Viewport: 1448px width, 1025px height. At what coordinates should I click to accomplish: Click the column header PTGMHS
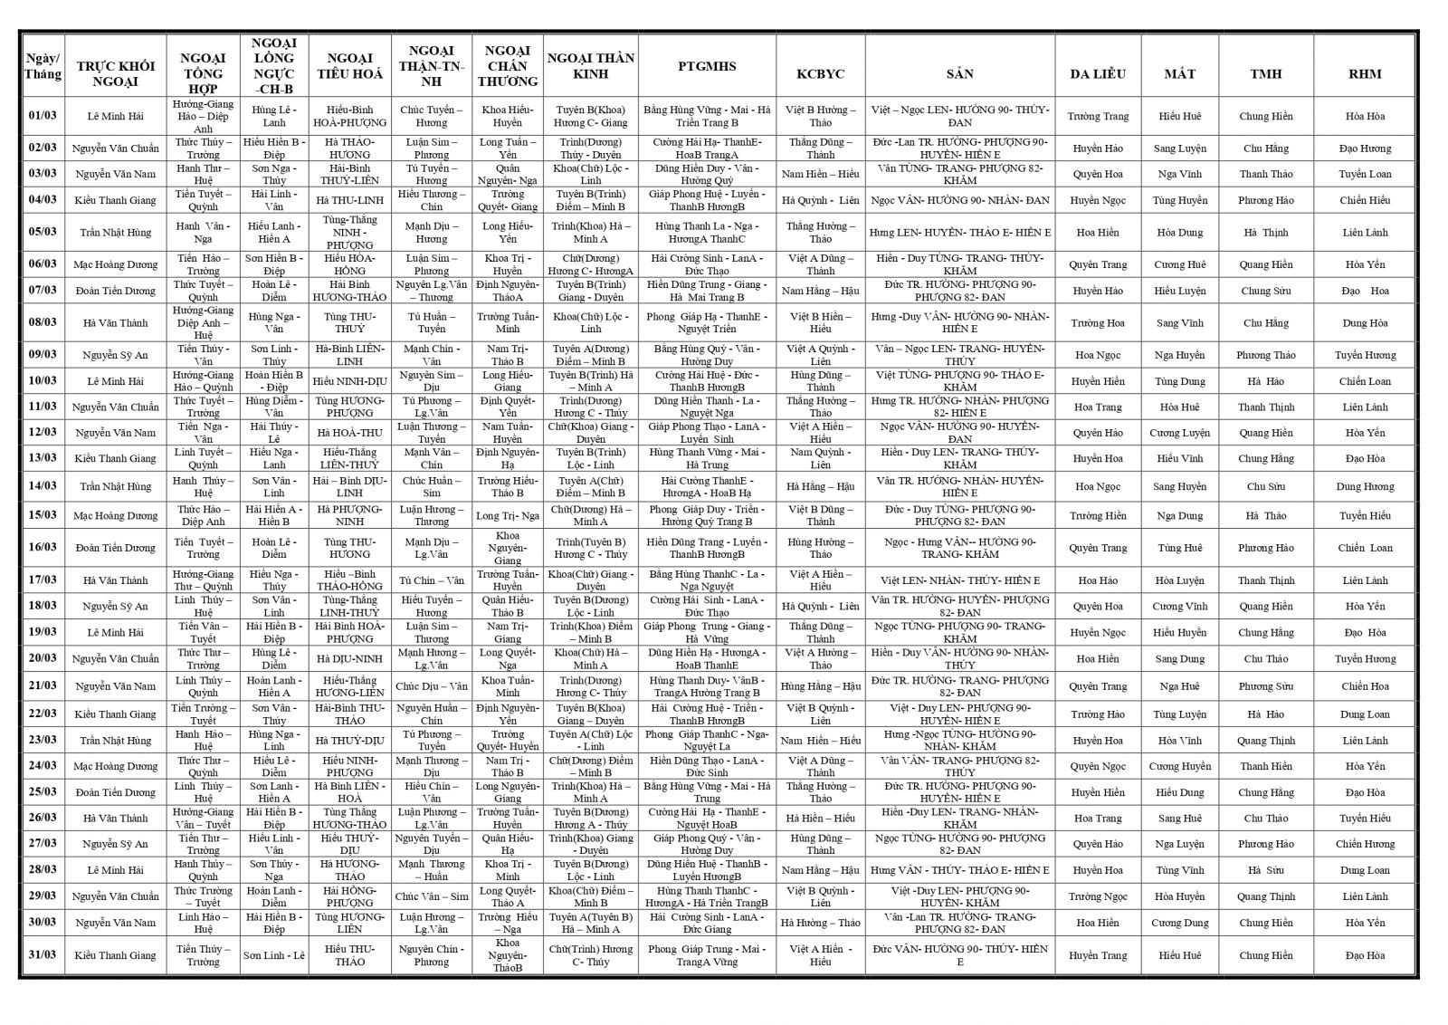point(707,66)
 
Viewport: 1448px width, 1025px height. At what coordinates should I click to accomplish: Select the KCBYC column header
point(820,73)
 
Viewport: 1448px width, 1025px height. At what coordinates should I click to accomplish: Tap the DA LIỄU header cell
point(1097,73)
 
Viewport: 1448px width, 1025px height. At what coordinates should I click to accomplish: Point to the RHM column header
point(1365,73)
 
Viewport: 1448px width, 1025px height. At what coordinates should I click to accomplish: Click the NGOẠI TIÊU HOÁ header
point(349,66)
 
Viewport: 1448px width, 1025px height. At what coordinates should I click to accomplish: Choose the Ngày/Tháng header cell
point(43,66)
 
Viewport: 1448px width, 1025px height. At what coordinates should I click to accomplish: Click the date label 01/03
point(43,116)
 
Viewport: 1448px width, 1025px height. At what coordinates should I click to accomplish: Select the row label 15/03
point(43,515)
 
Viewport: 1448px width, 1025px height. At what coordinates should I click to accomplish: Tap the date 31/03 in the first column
point(43,955)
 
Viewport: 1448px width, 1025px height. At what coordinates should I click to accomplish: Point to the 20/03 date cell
point(43,658)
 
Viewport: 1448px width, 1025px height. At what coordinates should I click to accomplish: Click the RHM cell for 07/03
point(1365,291)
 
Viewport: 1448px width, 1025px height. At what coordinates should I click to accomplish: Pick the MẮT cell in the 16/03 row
point(1179,548)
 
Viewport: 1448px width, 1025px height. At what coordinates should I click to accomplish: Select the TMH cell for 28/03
point(1265,870)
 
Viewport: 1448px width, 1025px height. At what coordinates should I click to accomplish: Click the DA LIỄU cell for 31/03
point(1097,955)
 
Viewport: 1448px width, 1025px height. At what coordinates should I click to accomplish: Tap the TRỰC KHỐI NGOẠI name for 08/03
point(115,322)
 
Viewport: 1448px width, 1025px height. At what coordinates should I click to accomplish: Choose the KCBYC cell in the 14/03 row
point(820,486)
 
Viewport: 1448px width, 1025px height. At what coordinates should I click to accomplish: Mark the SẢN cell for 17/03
point(959,580)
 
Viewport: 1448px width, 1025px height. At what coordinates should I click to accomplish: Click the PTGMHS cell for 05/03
point(707,232)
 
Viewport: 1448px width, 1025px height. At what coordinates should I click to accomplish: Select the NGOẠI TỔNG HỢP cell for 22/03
point(203,714)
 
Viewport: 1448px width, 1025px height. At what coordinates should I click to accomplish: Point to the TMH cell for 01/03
point(1265,116)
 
